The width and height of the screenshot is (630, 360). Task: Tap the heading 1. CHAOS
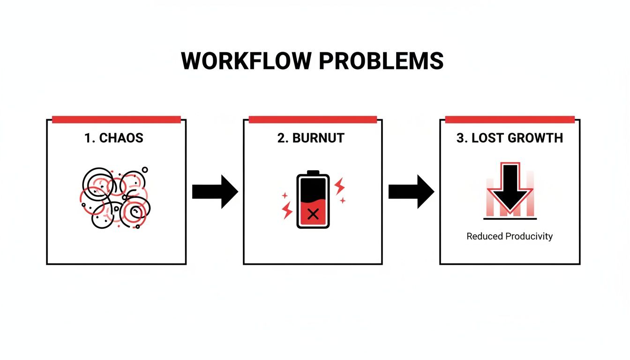pos(114,138)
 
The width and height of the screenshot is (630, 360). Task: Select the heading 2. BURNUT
pos(311,138)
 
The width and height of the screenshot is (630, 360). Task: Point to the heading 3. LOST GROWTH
pos(510,138)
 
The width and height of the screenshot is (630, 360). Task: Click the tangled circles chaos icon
pos(115,197)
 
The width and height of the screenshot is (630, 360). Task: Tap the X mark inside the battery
pos(313,215)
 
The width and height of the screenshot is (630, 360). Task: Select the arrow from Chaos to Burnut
pos(215,192)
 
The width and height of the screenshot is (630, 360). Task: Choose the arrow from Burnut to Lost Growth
pos(411,192)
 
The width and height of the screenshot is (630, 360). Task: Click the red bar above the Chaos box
pos(116,120)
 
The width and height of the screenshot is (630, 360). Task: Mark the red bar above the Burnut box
pos(313,120)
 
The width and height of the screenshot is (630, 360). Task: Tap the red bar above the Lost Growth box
pos(510,120)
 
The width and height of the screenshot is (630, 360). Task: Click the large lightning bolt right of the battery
pos(339,186)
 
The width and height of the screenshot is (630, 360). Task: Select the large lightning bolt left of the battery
pos(287,211)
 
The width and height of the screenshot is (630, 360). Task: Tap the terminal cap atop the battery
pos(313,172)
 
